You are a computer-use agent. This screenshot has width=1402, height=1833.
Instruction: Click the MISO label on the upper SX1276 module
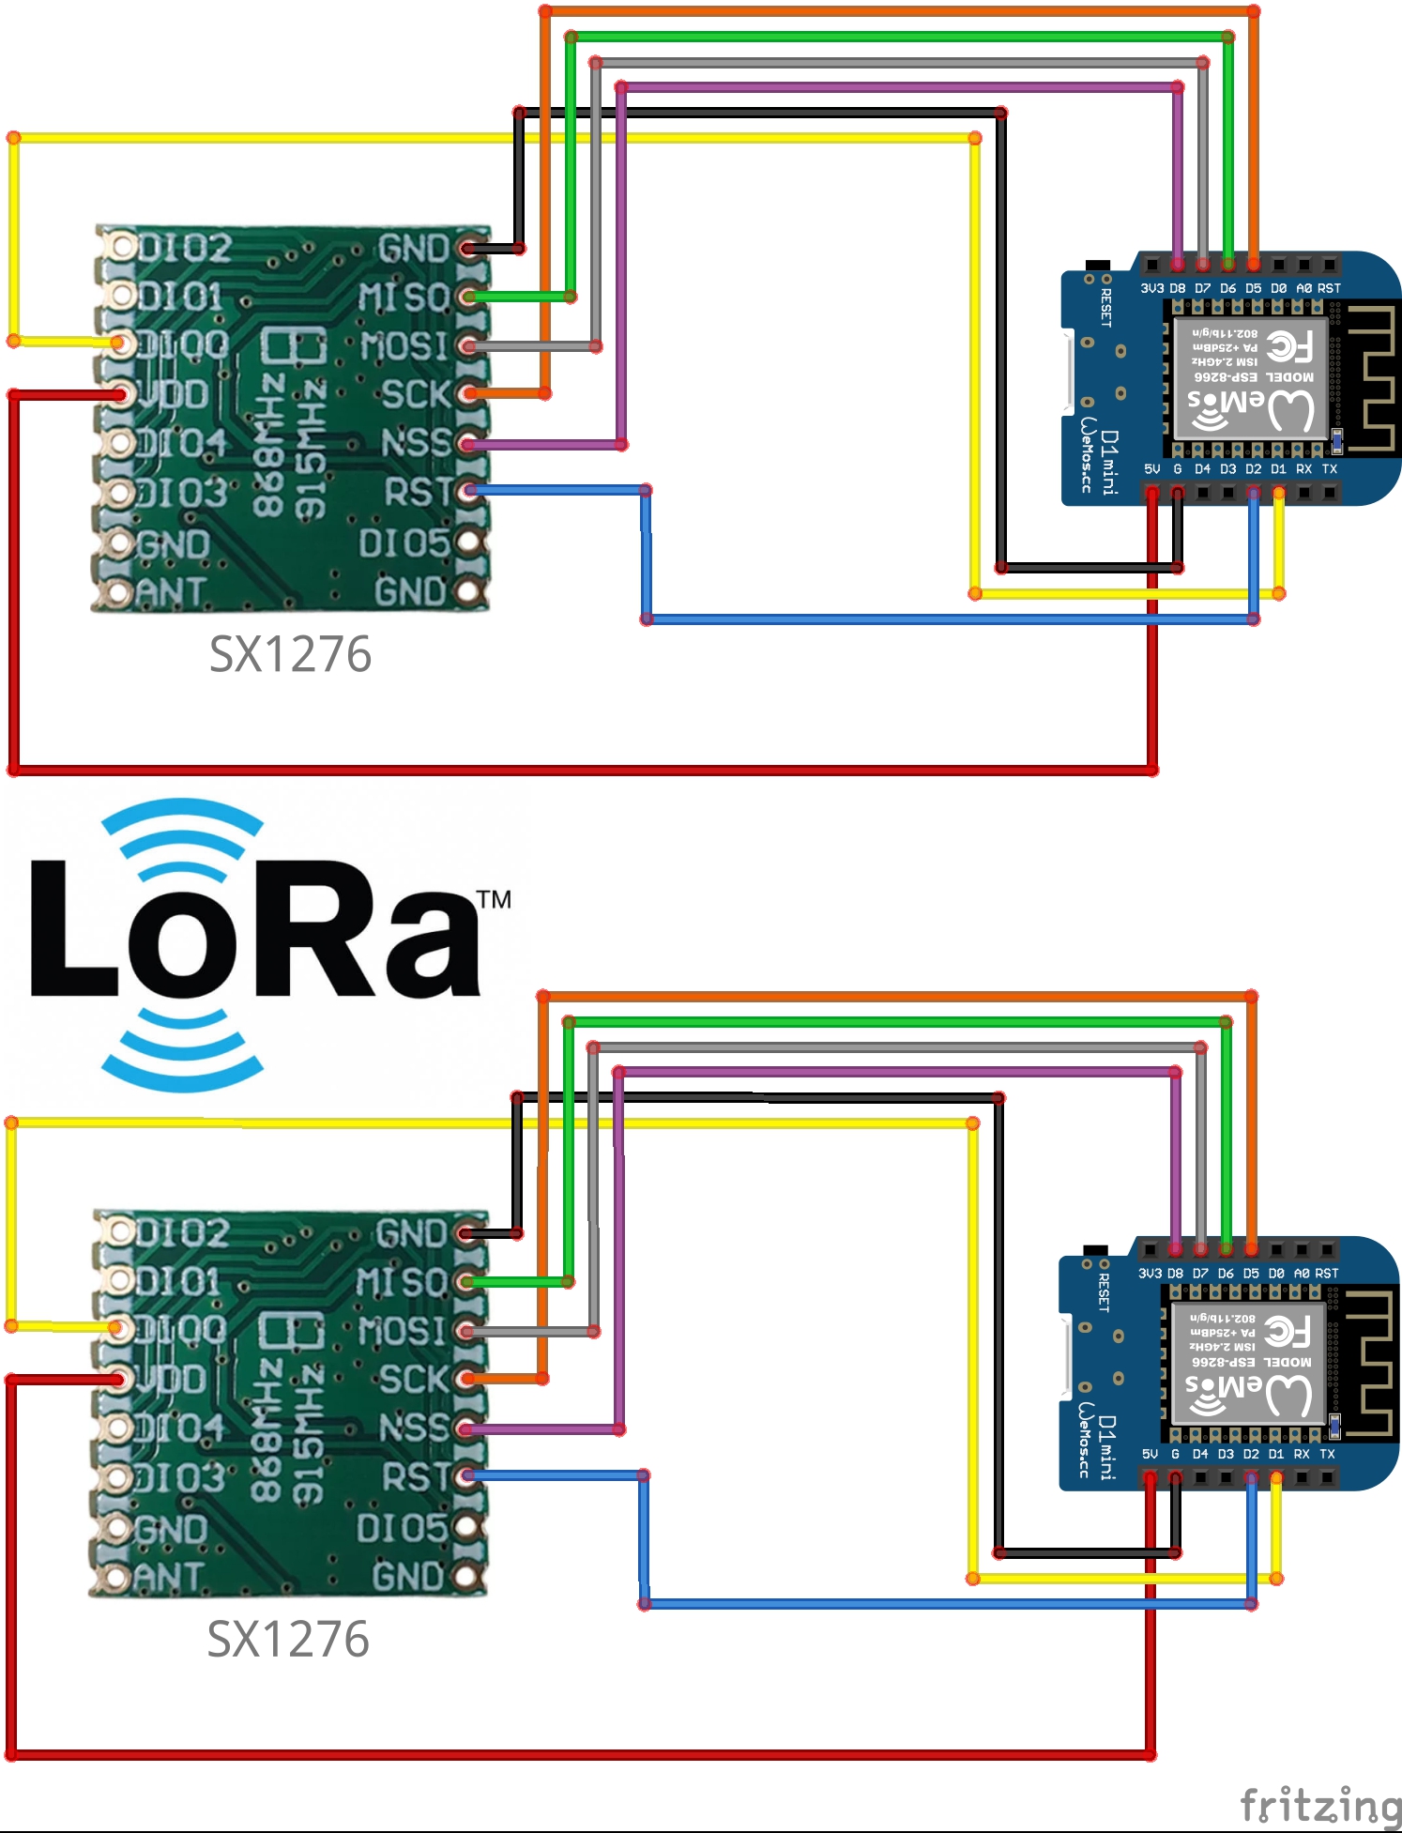pyautogui.click(x=404, y=298)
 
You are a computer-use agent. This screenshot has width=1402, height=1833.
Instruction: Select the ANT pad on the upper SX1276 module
pyautogui.click(x=119, y=592)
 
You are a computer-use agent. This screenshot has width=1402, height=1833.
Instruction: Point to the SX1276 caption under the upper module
pyautogui.click(x=290, y=654)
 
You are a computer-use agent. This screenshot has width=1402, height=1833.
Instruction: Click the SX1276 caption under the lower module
pyautogui.click(x=288, y=1640)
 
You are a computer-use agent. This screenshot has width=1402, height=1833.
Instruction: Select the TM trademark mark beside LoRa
pyautogui.click(x=495, y=900)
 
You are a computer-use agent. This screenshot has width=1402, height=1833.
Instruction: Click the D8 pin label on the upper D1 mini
pyautogui.click(x=1177, y=288)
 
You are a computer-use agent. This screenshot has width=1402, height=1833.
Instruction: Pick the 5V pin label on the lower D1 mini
pyautogui.click(x=1150, y=1454)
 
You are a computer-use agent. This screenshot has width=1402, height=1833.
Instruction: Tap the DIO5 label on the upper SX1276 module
pyautogui.click(x=404, y=542)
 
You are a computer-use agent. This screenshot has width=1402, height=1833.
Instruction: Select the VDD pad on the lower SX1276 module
pyautogui.click(x=117, y=1379)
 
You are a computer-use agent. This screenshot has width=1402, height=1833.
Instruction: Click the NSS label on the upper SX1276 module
pyautogui.click(x=416, y=443)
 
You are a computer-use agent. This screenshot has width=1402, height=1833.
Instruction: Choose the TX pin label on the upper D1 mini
pyautogui.click(x=1330, y=468)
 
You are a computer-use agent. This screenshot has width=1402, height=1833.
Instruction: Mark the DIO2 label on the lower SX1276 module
pyautogui.click(x=182, y=1233)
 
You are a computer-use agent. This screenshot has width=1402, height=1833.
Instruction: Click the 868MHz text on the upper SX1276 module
pyautogui.click(x=268, y=445)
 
